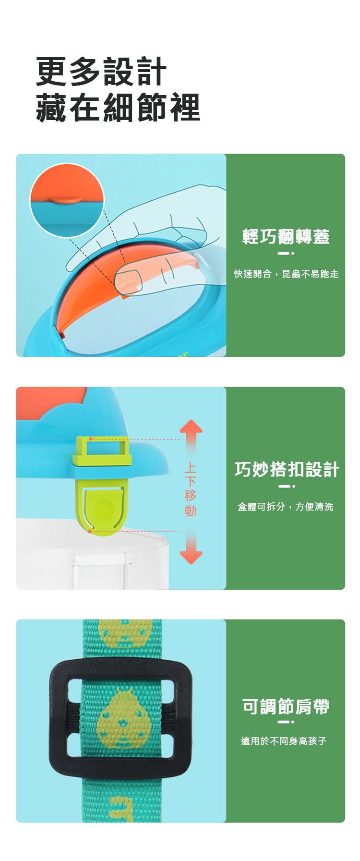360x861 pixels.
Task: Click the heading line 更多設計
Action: [x=101, y=72]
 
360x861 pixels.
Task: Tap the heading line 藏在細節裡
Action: [x=118, y=107]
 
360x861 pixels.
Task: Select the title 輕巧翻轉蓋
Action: [x=286, y=236]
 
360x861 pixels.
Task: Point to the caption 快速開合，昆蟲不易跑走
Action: [x=286, y=274]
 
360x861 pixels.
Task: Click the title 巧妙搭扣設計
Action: [x=287, y=469]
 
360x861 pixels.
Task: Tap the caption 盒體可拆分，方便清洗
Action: [x=286, y=507]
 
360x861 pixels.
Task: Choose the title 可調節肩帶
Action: [x=286, y=706]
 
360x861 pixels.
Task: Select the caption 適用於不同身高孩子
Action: [x=284, y=741]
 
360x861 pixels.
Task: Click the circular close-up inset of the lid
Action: [x=67, y=200]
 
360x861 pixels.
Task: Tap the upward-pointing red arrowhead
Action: [x=191, y=427]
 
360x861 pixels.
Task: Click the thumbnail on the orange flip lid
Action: [x=128, y=281]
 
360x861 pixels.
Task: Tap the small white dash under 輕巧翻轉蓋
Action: [x=283, y=254]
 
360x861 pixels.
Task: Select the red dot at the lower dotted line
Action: [x=90, y=532]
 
